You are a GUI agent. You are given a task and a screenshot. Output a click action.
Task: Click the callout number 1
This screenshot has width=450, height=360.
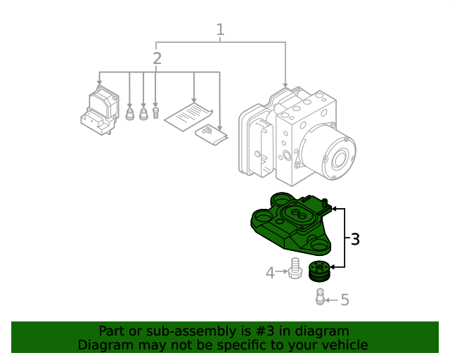(220, 30)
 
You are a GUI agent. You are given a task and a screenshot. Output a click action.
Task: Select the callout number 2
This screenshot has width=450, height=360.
(157, 58)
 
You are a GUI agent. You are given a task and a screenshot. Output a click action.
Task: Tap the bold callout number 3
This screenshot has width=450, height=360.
(355, 239)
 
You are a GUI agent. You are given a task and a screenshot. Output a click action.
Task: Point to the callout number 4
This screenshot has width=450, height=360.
(270, 273)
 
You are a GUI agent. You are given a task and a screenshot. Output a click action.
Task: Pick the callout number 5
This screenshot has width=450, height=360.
(345, 300)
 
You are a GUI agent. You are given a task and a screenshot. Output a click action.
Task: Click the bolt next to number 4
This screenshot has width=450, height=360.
(295, 268)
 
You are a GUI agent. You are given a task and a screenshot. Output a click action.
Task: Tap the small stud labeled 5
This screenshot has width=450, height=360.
(320, 297)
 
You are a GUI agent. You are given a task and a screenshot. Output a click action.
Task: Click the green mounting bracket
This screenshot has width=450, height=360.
(291, 224)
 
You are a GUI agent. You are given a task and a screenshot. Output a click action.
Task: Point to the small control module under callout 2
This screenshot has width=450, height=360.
(100, 110)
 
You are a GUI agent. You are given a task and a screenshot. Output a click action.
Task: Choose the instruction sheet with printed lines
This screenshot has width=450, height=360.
(188, 116)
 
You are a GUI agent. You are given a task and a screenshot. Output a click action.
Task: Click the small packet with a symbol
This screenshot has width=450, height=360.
(212, 134)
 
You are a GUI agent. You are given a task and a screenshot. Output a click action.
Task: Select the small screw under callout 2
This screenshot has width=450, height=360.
(155, 112)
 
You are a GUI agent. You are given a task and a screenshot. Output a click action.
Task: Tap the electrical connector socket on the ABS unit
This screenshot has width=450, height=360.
(261, 148)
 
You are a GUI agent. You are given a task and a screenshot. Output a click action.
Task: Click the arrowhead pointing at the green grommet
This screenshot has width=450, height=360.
(333, 267)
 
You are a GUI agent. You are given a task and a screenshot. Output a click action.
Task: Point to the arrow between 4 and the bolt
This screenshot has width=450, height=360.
(281, 271)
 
